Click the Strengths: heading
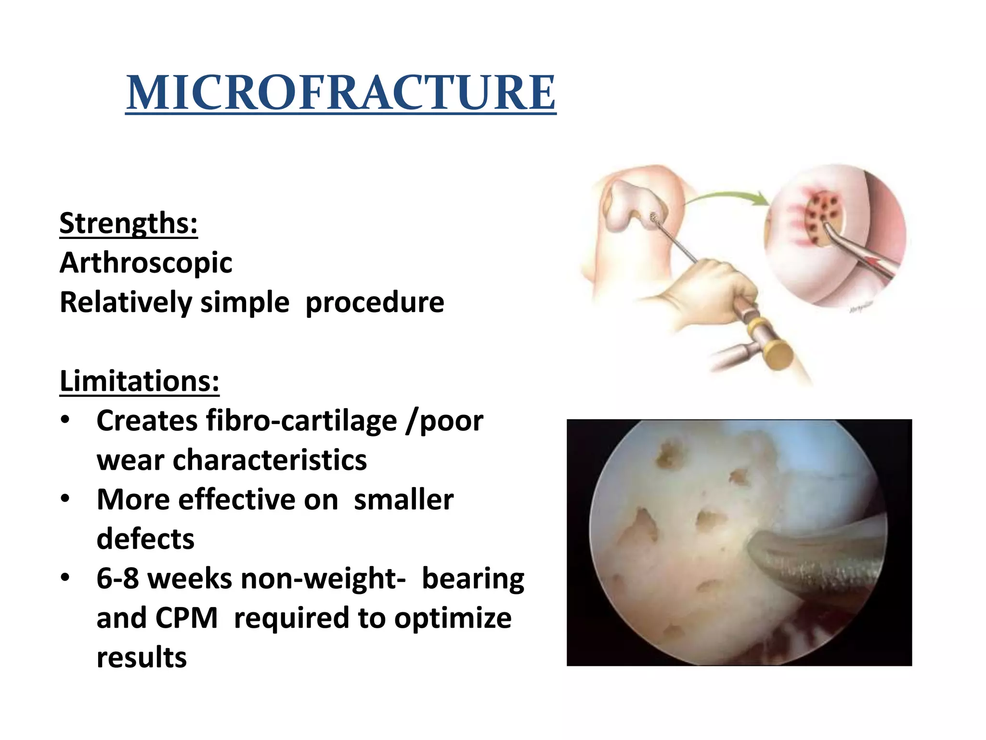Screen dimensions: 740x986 click(x=129, y=223)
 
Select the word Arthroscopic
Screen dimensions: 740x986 click(x=146, y=263)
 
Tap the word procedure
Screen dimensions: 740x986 click(x=375, y=303)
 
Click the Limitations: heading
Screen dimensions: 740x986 click(x=140, y=381)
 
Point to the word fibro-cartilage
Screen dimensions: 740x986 click(x=302, y=421)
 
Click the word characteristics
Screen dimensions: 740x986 click(x=270, y=460)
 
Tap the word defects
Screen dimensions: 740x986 click(x=145, y=539)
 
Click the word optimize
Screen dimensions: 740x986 click(x=453, y=618)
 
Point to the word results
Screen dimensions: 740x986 click(x=142, y=658)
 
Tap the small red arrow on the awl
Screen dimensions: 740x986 click(x=874, y=263)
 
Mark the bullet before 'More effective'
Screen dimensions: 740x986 click(x=65, y=499)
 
